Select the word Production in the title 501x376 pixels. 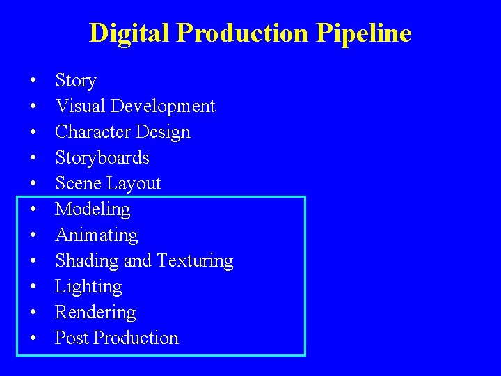(241, 33)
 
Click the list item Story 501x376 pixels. (75, 81)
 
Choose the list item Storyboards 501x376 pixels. (102, 158)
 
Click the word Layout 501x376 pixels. (137, 184)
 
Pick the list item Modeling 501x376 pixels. (93, 210)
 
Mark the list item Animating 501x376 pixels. (96, 235)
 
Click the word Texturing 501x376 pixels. (195, 261)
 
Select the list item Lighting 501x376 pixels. (88, 287)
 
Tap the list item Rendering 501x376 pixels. (95, 313)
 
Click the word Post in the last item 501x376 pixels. (72, 338)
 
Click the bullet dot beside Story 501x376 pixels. (33, 81)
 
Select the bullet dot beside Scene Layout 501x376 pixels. (33, 185)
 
